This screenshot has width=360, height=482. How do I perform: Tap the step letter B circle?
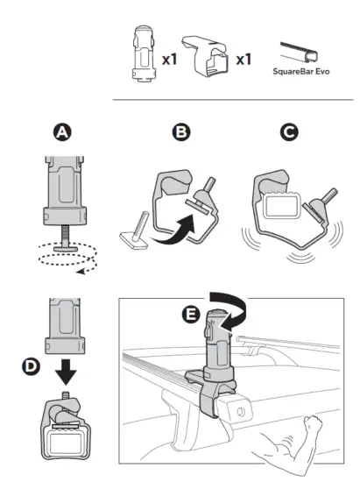(181, 134)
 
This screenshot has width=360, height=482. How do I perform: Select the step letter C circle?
(286, 134)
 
